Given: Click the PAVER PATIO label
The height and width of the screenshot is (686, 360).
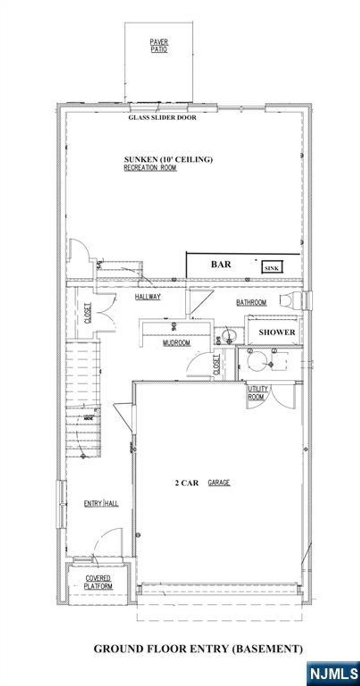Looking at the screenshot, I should (x=159, y=46).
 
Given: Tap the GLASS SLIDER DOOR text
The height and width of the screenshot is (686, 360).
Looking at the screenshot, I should (x=162, y=118).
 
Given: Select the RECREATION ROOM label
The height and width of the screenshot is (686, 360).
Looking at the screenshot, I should (x=150, y=168).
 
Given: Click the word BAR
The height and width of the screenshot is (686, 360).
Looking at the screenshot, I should (x=221, y=264).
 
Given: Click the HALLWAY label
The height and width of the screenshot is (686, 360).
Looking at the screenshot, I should (x=148, y=297).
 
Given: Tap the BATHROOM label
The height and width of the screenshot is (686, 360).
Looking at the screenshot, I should (x=251, y=303).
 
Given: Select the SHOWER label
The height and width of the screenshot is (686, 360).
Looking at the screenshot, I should (x=277, y=332).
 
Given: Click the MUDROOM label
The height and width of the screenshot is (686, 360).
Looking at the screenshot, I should (x=176, y=343).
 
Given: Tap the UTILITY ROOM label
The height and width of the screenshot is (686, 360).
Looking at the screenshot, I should (x=258, y=393).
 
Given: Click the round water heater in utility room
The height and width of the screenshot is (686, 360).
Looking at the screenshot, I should (x=258, y=362).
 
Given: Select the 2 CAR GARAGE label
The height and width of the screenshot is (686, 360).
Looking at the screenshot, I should (x=202, y=483).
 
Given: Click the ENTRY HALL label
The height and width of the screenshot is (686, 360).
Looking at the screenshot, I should (x=101, y=504).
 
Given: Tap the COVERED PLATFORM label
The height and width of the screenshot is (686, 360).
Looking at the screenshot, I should (x=98, y=582).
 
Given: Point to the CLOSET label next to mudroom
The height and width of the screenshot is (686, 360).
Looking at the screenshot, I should (x=216, y=364).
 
